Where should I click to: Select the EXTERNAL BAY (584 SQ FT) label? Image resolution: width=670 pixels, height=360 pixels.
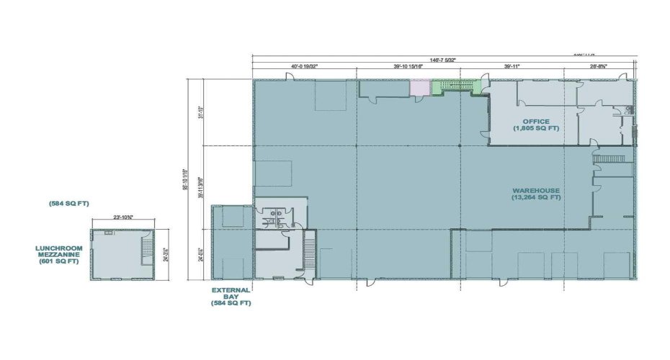(x=231, y=297)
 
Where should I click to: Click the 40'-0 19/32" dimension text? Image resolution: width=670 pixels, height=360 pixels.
(x=304, y=66)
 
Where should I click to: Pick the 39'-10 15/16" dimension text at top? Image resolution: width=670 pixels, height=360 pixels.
(x=408, y=66)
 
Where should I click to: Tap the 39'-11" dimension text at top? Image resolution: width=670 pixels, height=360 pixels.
(x=512, y=66)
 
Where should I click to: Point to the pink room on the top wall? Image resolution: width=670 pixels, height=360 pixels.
(x=419, y=87)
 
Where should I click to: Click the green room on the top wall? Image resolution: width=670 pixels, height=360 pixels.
(x=455, y=86)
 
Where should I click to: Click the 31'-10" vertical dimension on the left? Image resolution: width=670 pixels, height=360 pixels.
(x=202, y=113)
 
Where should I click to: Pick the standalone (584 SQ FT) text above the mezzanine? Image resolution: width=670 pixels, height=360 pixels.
(x=60, y=204)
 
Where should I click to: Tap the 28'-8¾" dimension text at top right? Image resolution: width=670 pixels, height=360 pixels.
(x=597, y=66)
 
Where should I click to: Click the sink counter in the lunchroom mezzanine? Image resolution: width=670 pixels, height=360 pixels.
(x=108, y=233)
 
